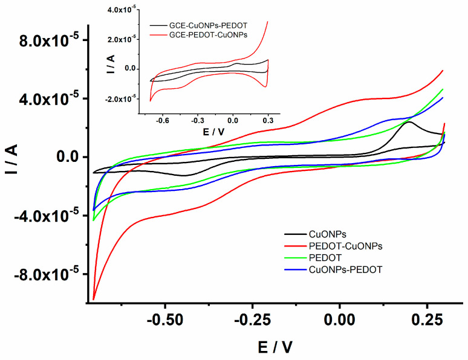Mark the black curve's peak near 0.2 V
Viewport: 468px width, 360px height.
[409, 122]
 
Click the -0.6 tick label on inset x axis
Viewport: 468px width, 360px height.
[163, 120]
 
